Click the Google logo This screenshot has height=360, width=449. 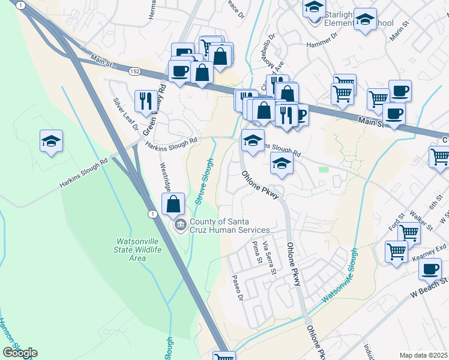pyautogui.click(x=20, y=353)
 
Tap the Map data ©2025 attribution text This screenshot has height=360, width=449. pyautogui.click(x=424, y=355)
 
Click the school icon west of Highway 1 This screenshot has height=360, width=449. pyautogui.click(x=52, y=142)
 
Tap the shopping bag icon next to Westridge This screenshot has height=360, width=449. pyautogui.click(x=173, y=203)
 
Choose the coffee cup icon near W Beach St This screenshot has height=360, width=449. pyautogui.click(x=430, y=269)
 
